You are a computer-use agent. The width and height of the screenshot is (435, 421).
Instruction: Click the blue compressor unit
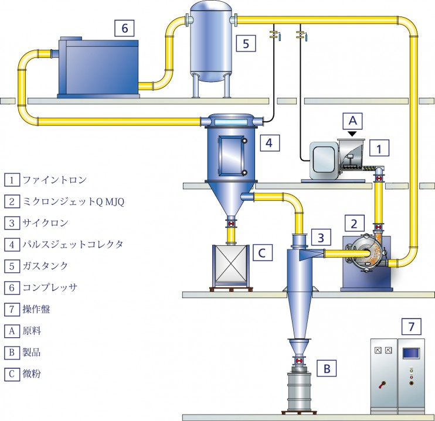coord(98,67)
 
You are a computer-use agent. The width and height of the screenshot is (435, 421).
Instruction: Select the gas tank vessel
coord(211,42)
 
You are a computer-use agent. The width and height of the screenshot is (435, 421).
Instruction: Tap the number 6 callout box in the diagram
coord(124,28)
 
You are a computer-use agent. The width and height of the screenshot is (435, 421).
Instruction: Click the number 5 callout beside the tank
coord(246,43)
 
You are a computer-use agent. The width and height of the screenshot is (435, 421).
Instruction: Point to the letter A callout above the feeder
coord(352,121)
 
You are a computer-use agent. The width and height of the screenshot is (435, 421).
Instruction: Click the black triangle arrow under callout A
coord(352,134)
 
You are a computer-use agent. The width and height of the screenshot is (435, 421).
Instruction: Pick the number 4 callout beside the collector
coord(269,143)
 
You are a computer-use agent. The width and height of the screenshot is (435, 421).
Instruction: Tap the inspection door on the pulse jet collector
coord(232,156)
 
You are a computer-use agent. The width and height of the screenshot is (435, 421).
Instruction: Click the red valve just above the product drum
coord(299,361)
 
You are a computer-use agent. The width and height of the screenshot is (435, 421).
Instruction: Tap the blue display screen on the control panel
coord(411,353)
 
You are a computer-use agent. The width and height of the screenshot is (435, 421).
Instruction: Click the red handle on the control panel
coord(382,385)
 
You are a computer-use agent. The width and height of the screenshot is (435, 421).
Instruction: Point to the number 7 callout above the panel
coord(412,327)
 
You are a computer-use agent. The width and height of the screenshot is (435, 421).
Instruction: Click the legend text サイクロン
coord(45,223)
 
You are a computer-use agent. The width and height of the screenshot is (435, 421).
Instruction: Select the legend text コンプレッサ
coord(50,287)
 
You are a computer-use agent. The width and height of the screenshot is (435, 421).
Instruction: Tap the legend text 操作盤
coord(36,309)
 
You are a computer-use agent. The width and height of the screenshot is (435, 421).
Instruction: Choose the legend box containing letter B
coord(12,352)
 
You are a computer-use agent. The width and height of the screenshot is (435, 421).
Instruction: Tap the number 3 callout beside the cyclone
coord(321,238)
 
